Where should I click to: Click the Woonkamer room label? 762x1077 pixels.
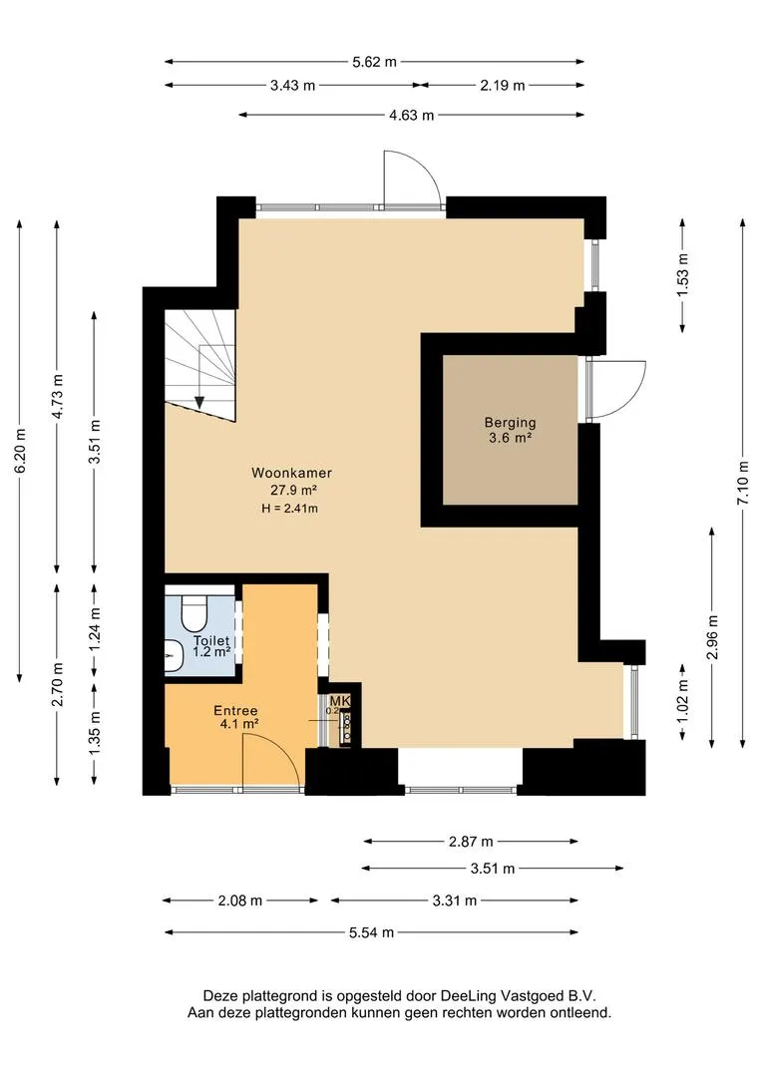[291, 473]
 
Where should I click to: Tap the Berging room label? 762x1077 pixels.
[510, 423]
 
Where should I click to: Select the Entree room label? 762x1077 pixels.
[235, 711]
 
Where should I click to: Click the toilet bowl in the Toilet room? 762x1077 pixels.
[194, 611]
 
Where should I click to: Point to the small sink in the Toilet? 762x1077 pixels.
[174, 656]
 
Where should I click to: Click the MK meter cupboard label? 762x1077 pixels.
[340, 701]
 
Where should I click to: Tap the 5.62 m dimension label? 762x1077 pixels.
[374, 62]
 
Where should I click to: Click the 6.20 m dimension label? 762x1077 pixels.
[20, 451]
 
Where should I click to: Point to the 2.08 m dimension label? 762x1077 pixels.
[239, 900]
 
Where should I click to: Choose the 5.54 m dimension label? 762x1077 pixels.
[372, 932]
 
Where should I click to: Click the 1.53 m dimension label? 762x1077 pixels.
[682, 276]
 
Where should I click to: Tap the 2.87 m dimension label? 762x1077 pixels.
[471, 842]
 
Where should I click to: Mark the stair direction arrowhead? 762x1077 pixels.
[199, 403]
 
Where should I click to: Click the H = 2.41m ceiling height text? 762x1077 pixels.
[289, 509]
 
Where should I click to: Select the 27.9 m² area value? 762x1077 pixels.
[293, 491]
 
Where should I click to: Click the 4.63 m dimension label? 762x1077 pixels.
[412, 116]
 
